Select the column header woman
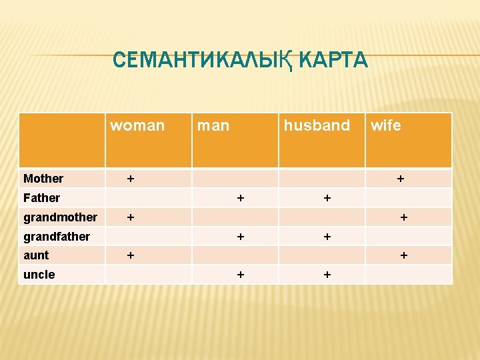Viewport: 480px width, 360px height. pos(137,125)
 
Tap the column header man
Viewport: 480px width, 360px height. pos(213,125)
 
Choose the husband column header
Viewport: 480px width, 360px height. pos(317,125)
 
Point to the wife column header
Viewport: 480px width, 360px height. pos(386,125)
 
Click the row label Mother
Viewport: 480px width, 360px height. pos(43,179)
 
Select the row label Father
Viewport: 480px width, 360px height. pos(41,198)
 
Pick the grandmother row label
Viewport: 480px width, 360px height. pos(60,217)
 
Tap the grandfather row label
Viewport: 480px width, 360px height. pos(57,237)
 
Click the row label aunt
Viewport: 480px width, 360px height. pos(36,255)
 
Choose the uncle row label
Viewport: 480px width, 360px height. pos(39,275)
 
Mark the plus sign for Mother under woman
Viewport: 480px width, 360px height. pos(131,179)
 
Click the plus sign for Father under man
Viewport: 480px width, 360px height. pos(240,198)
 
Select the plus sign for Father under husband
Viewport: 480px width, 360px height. pos(327,198)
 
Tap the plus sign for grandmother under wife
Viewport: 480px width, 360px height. pos(403,217)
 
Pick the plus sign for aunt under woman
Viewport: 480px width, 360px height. pos(131,255)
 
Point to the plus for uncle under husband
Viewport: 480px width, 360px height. pos(327,275)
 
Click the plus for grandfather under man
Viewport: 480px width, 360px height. pos(240,237)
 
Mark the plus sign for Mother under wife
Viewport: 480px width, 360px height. pos(401,179)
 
